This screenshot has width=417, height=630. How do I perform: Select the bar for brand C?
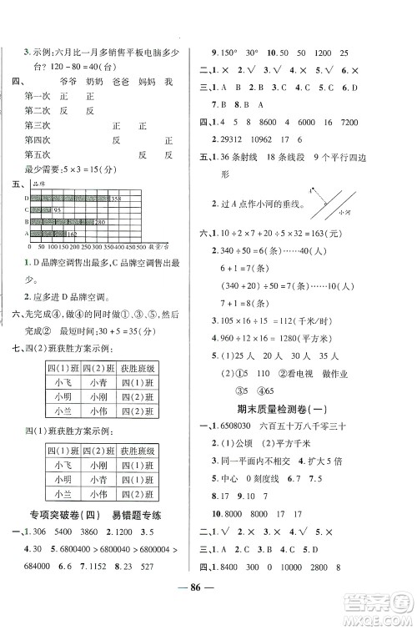[x=40, y=209]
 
